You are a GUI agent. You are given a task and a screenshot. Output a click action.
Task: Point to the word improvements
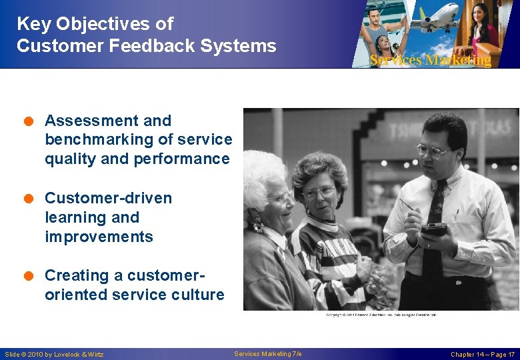[x=99, y=237]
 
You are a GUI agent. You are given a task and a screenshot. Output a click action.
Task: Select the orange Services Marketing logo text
[x=430, y=61]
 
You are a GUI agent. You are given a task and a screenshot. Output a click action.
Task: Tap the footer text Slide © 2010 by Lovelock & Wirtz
[x=54, y=354]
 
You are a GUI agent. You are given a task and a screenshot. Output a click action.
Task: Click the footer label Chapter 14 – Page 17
[x=482, y=354]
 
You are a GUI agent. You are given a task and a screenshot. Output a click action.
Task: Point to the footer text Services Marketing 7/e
[x=268, y=353]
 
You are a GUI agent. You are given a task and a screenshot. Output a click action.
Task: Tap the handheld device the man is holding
[x=433, y=229]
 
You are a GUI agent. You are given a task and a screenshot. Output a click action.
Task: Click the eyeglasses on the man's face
[x=432, y=151]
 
